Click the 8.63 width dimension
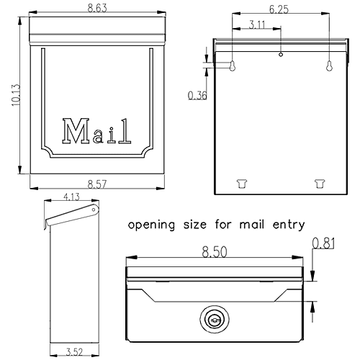(x=97, y=8)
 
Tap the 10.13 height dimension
(x=16, y=95)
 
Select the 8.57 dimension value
(x=97, y=184)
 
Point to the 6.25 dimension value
(x=279, y=9)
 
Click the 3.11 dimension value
(x=257, y=24)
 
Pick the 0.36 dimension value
(x=197, y=96)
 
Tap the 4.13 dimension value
(x=71, y=197)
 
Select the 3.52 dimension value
(x=74, y=352)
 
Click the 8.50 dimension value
(x=215, y=252)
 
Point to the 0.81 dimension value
(x=323, y=243)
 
